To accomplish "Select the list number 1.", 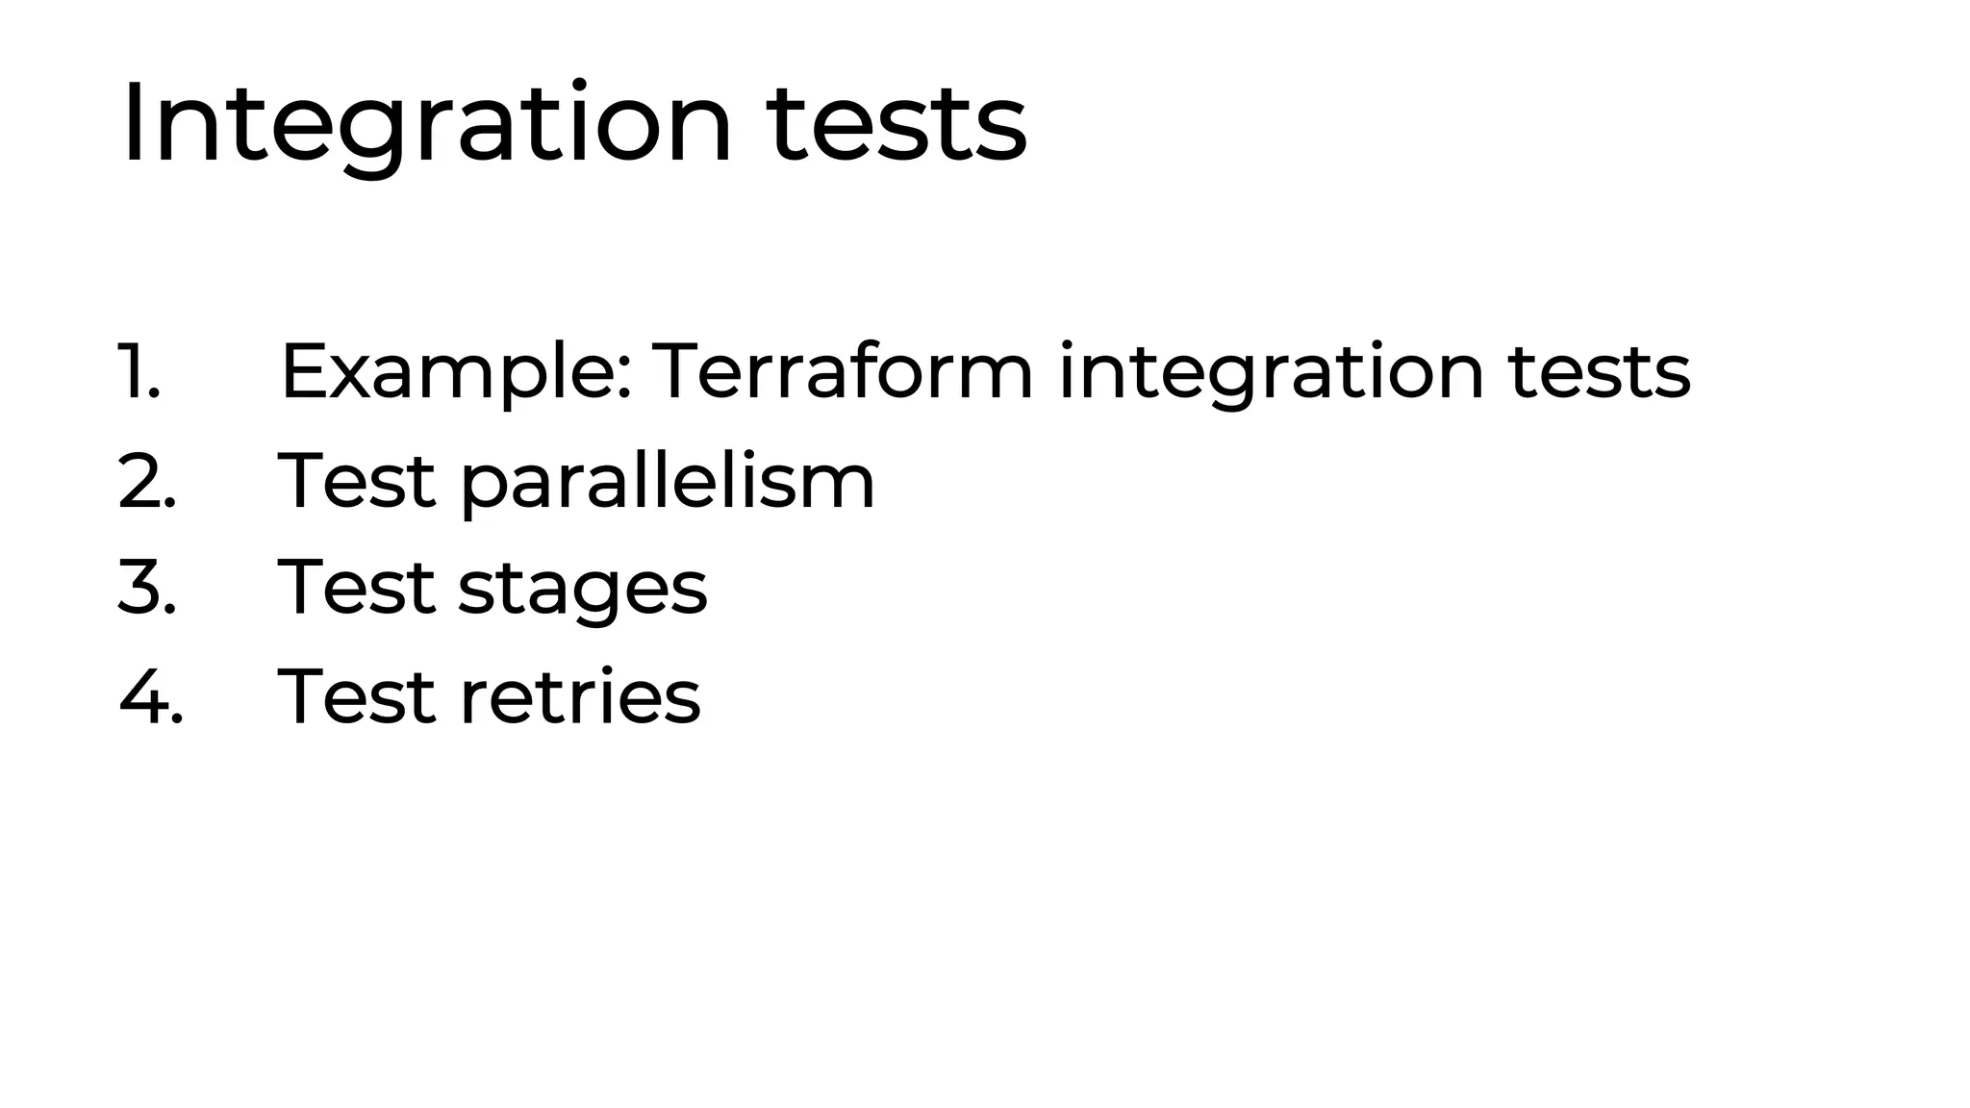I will click(x=139, y=372).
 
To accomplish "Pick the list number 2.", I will click(x=146, y=481).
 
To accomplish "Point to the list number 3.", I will click(x=146, y=588).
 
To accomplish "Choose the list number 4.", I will click(x=150, y=696).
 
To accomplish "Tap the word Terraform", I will click(x=843, y=372).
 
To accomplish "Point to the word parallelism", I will click(x=668, y=481).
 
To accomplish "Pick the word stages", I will click(x=582, y=588).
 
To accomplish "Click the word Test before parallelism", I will click(x=356, y=481).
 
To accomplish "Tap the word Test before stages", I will click(x=356, y=588).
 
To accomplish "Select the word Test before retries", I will click(x=356, y=696).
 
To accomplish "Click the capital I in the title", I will click(x=133, y=125).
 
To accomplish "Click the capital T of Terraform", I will click(x=677, y=372).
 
